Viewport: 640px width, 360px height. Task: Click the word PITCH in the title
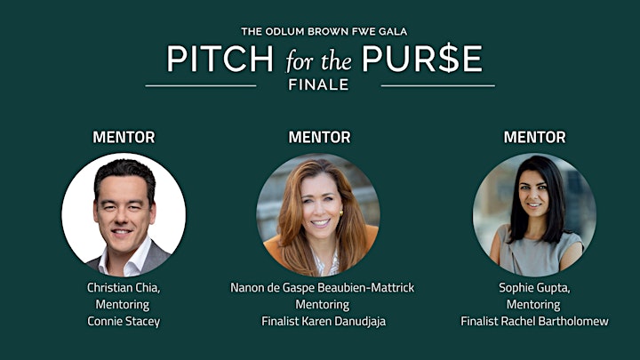(220, 59)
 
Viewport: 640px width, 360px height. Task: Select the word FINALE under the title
(318, 85)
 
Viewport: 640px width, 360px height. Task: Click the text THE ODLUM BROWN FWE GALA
(324, 31)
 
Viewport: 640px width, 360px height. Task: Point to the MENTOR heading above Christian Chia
(124, 137)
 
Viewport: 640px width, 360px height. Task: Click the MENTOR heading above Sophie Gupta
(535, 137)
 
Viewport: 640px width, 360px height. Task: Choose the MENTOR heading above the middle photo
(320, 137)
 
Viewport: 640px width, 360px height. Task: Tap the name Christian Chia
(123, 288)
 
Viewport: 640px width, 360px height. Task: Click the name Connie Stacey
(124, 321)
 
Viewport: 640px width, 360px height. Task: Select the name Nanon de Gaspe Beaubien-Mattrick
(323, 288)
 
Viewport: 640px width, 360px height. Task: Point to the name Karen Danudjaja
(344, 321)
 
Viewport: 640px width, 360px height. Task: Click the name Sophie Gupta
(533, 288)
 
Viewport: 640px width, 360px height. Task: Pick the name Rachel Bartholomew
(555, 321)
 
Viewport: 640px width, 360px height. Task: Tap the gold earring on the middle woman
(341, 212)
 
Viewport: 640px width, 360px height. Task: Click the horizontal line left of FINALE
(201, 85)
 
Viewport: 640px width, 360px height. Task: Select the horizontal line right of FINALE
(438, 85)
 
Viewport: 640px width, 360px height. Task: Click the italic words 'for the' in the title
(318, 61)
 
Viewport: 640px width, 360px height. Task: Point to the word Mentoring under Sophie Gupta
(533, 305)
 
